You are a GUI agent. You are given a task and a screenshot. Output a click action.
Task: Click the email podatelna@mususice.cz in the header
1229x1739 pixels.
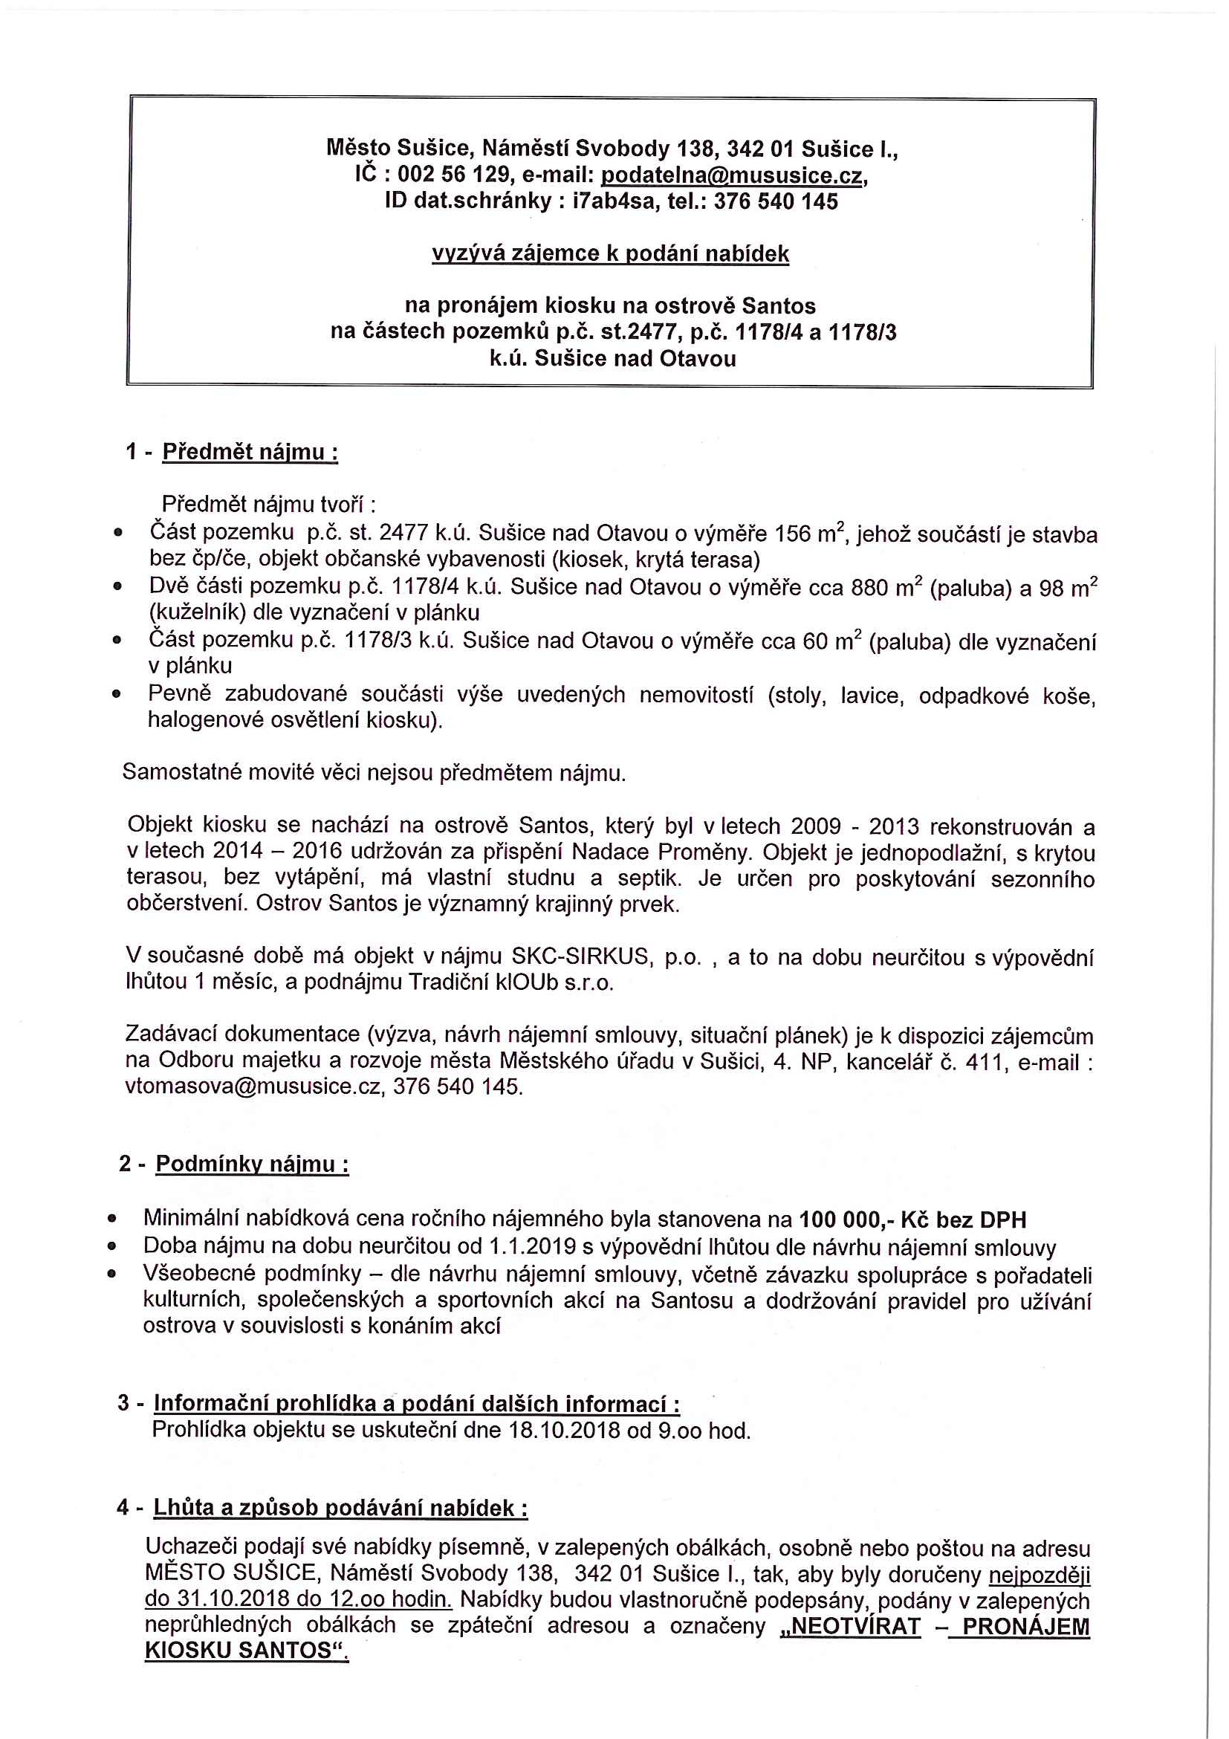pyautogui.click(x=732, y=175)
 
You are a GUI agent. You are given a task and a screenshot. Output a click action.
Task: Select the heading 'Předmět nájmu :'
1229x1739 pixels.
pyautogui.click(x=250, y=452)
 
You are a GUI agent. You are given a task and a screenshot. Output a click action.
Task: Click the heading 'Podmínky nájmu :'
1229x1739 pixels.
pyautogui.click(x=252, y=1163)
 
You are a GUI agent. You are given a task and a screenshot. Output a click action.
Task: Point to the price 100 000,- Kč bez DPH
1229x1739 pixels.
pyautogui.click(x=912, y=1220)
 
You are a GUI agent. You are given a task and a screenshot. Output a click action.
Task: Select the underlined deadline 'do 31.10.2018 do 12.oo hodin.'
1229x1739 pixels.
pyautogui.click(x=299, y=1598)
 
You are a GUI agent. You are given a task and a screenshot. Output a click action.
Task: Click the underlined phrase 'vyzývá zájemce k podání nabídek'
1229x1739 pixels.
pyautogui.click(x=610, y=253)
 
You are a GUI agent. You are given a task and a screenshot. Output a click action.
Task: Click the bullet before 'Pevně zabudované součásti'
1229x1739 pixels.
pyautogui.click(x=117, y=694)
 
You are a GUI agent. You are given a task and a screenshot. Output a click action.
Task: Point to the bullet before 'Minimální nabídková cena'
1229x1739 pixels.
pyautogui.click(x=112, y=1220)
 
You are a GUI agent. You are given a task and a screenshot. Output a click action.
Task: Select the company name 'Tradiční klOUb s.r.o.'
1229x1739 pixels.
pyautogui.click(x=511, y=982)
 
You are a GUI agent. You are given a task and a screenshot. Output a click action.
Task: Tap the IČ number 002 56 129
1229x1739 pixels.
pyautogui.click(x=453, y=175)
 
